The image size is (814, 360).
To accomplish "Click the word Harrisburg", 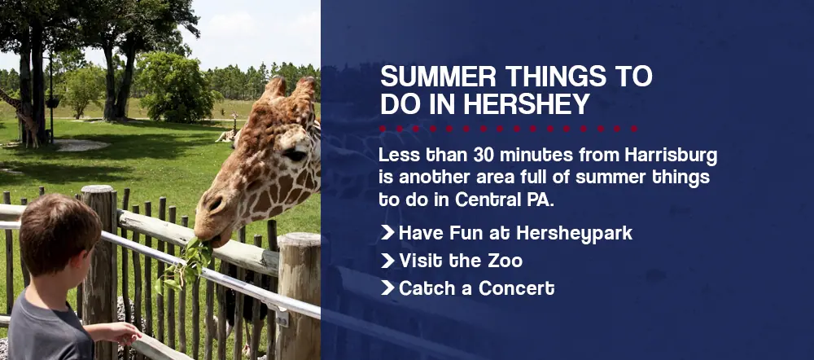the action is coord(672,155).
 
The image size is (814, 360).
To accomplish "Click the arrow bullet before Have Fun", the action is coord(387,232).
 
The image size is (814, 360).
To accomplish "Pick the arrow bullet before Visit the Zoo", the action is coord(387,261).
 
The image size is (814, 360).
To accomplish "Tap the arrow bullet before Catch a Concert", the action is coord(387,288).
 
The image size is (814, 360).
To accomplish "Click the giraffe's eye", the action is coord(295,154).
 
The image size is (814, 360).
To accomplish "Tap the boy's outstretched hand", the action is coord(125,333).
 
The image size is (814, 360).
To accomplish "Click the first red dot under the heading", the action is coord(383,129).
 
